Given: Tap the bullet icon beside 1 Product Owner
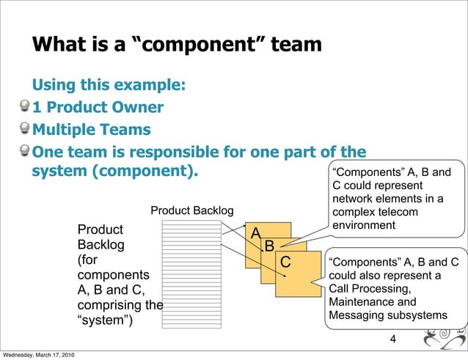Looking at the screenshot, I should coord(26,108).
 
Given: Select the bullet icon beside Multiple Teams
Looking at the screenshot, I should coord(26,130).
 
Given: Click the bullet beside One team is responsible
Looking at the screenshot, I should coord(26,152).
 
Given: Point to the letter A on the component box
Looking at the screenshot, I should coord(256,232).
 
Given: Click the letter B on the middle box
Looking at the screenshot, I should coord(269,246).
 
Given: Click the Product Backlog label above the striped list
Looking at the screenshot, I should coord(191,212).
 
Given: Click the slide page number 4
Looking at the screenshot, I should coord(393,339).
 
